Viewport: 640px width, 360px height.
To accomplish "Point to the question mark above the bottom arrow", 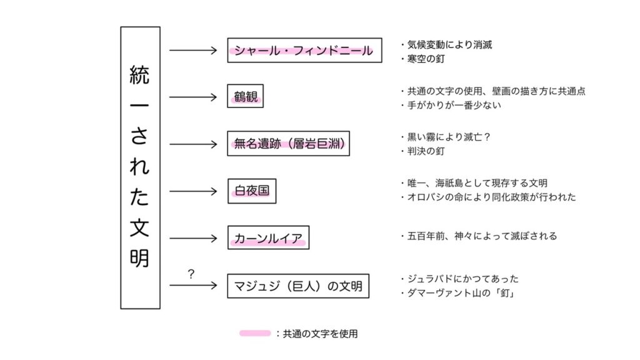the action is [x=191, y=274].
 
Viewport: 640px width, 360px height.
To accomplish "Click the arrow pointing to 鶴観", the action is [x=193, y=97].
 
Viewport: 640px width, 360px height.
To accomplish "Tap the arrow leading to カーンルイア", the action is [x=193, y=238].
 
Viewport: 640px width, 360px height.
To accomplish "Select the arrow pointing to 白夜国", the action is [x=193, y=191].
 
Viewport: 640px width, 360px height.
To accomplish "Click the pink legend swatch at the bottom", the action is [x=255, y=334].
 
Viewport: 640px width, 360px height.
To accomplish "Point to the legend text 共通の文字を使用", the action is [x=321, y=334].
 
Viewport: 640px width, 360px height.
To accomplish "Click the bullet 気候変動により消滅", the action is [x=446, y=45].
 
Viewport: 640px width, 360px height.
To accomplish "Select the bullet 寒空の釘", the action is [x=423, y=59].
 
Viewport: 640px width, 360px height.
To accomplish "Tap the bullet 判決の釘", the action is [x=423, y=151].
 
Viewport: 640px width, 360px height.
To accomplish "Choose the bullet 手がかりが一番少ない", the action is [x=451, y=105].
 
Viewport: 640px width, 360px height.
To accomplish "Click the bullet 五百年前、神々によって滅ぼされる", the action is [x=479, y=236].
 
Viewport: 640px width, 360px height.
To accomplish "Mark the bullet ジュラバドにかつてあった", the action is [x=460, y=279].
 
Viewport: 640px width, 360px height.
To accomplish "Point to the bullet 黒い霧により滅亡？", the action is [x=446, y=137].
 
